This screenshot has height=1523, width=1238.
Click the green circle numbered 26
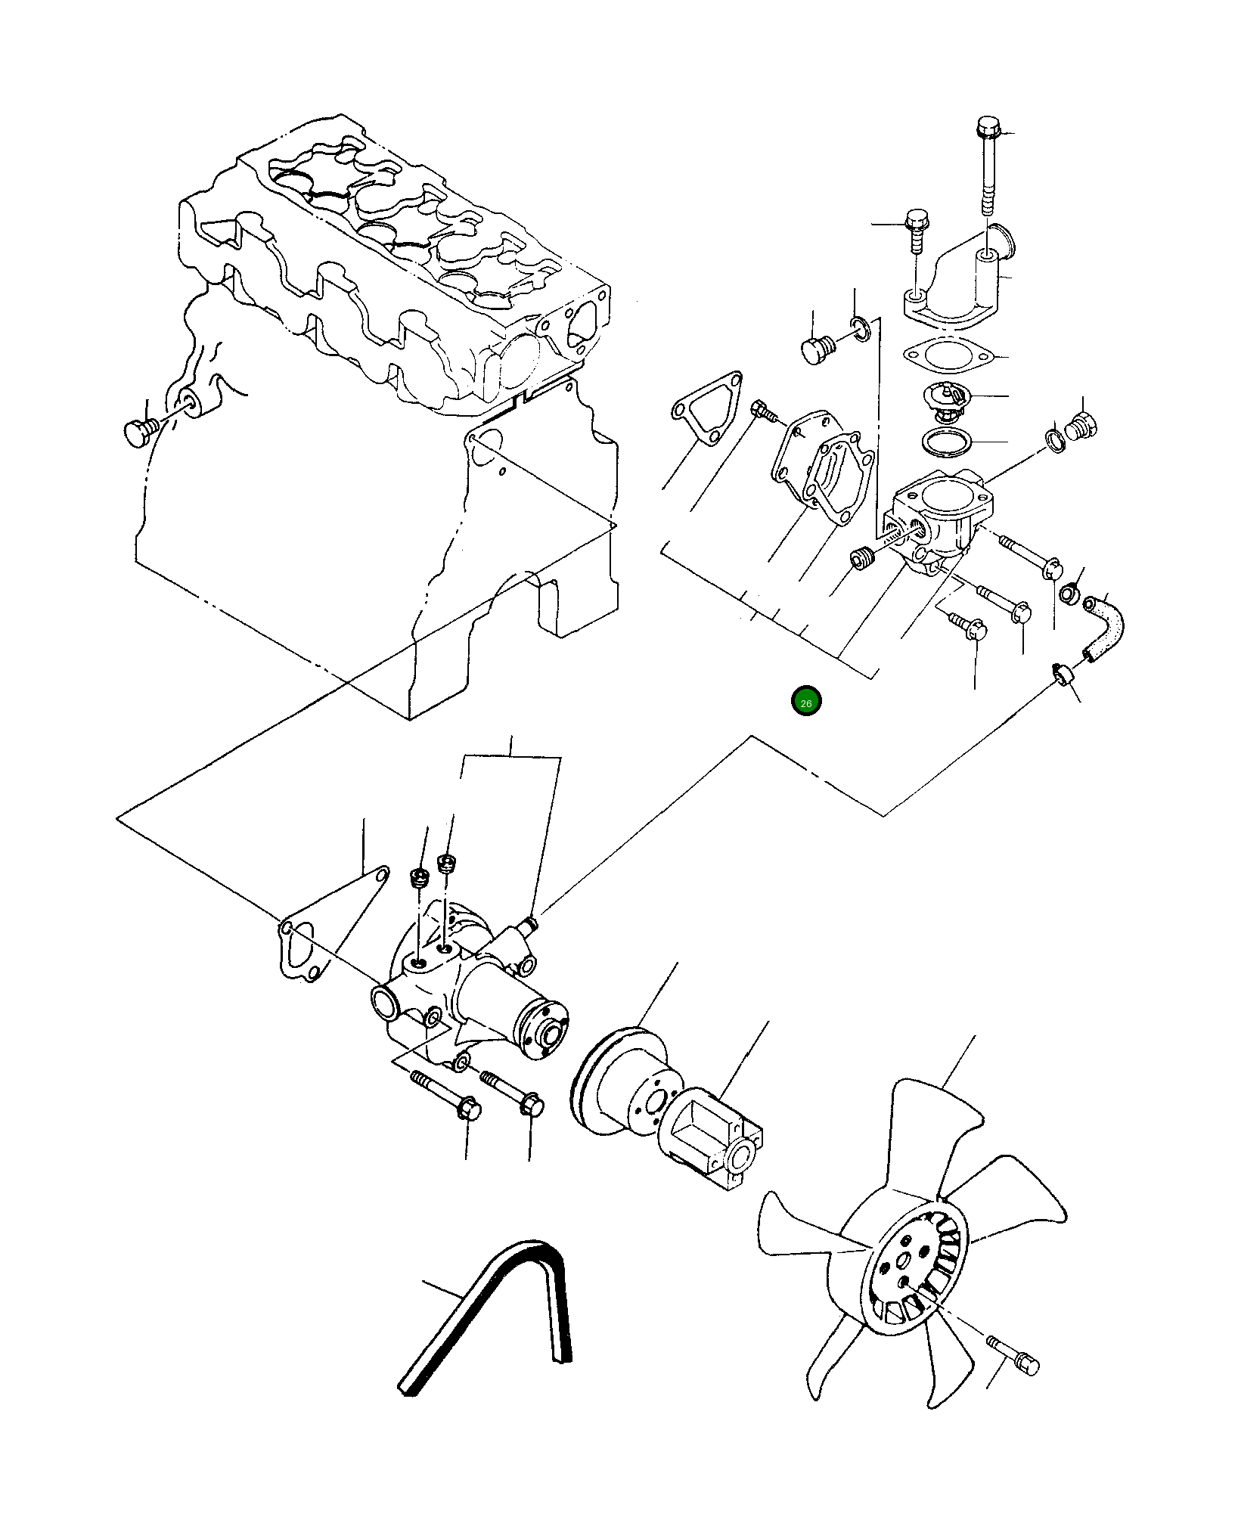click(805, 702)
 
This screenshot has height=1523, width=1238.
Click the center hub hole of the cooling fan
click(903, 1262)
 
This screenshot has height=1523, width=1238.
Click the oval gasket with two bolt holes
click(948, 355)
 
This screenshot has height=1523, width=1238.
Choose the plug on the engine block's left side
click(139, 432)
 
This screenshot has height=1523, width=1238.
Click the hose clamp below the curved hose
click(1063, 673)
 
